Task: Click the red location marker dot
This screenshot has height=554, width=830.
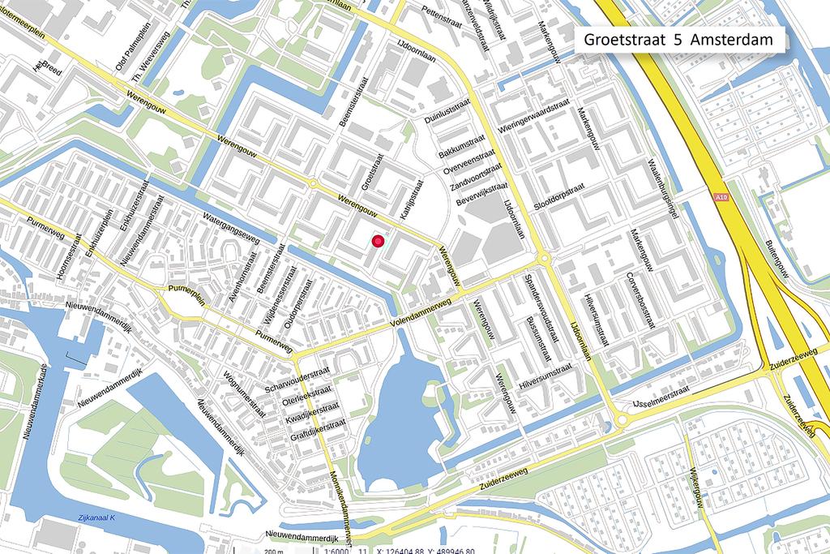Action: (377, 240)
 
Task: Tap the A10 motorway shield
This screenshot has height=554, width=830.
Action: (722, 196)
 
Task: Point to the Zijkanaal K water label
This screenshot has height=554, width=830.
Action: (93, 517)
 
